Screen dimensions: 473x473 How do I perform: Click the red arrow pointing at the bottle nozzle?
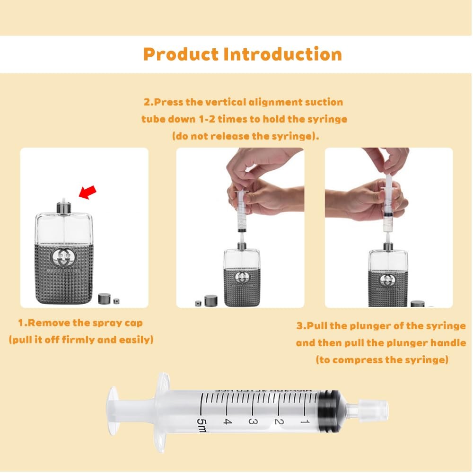tap(87, 192)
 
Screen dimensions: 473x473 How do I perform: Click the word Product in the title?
tap(181, 54)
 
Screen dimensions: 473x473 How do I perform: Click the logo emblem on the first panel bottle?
tap(64, 258)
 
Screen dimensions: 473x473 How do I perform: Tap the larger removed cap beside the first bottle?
tap(104, 298)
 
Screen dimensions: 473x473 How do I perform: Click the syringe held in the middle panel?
tap(241, 210)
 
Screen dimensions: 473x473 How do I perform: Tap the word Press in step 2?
tap(168, 102)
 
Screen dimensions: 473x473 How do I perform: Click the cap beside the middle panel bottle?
tap(210, 300)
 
